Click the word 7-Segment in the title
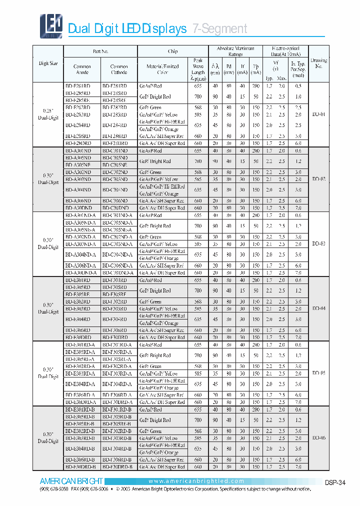tap(220, 29)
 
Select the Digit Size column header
tap(48, 63)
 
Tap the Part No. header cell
tap(100, 51)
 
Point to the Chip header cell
tap(172, 51)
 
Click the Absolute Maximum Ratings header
tap(235, 51)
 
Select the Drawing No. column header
tap(318, 63)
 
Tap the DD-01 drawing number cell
tap(318, 114)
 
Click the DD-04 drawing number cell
tap(318, 308)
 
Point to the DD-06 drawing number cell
tap(318, 437)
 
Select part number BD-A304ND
tap(78, 190)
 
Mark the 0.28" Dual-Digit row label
tap(48, 113)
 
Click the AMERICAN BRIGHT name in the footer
tap(71, 481)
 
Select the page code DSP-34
tap(335, 483)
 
